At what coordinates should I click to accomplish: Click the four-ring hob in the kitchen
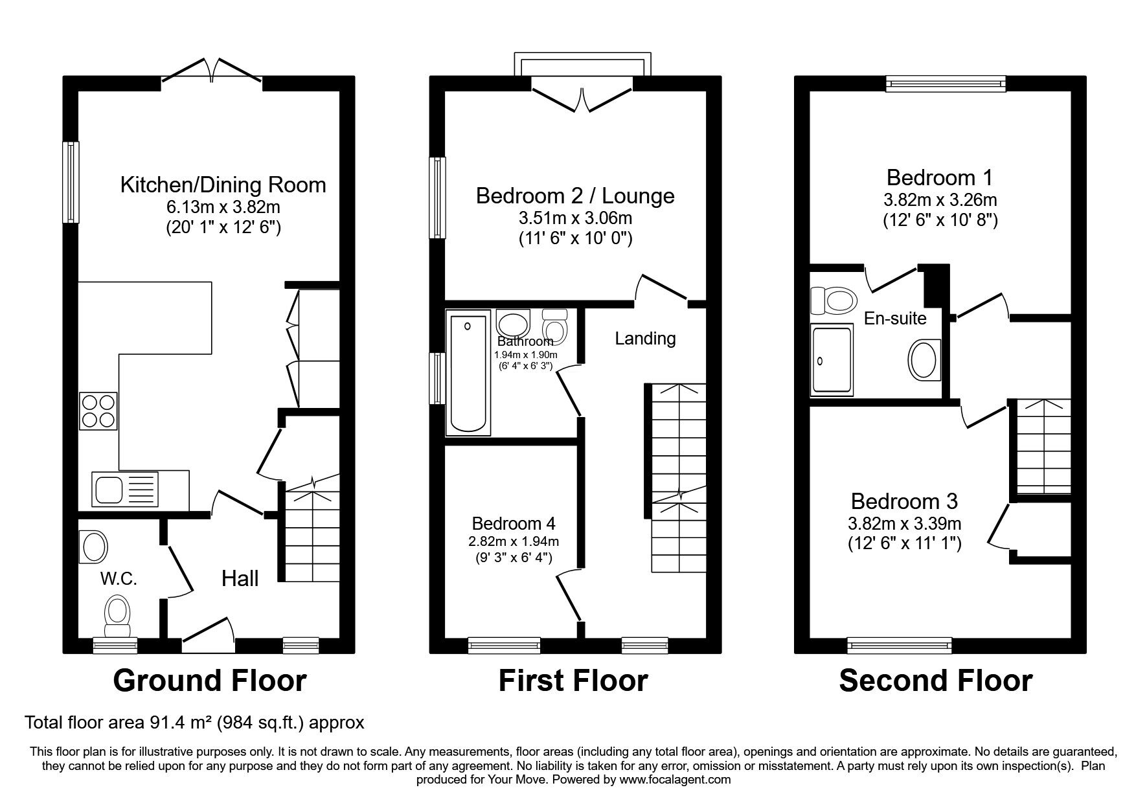tap(98, 411)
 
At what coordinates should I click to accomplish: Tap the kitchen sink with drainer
tap(125, 489)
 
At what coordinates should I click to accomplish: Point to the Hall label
tap(240, 578)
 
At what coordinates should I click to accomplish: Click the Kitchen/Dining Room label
tap(223, 185)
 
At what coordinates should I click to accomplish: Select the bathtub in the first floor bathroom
tap(468, 374)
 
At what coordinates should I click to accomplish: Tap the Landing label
tap(645, 338)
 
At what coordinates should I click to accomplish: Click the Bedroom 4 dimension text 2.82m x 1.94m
tap(514, 541)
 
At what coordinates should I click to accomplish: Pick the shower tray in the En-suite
tap(832, 360)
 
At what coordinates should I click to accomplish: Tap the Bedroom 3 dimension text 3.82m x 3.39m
tap(905, 523)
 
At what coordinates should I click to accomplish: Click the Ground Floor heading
tap(210, 681)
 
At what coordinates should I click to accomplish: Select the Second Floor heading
tap(936, 681)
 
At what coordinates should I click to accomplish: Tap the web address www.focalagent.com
tap(675, 780)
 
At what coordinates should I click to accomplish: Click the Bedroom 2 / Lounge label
tap(575, 196)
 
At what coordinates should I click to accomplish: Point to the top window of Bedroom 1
tap(946, 82)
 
